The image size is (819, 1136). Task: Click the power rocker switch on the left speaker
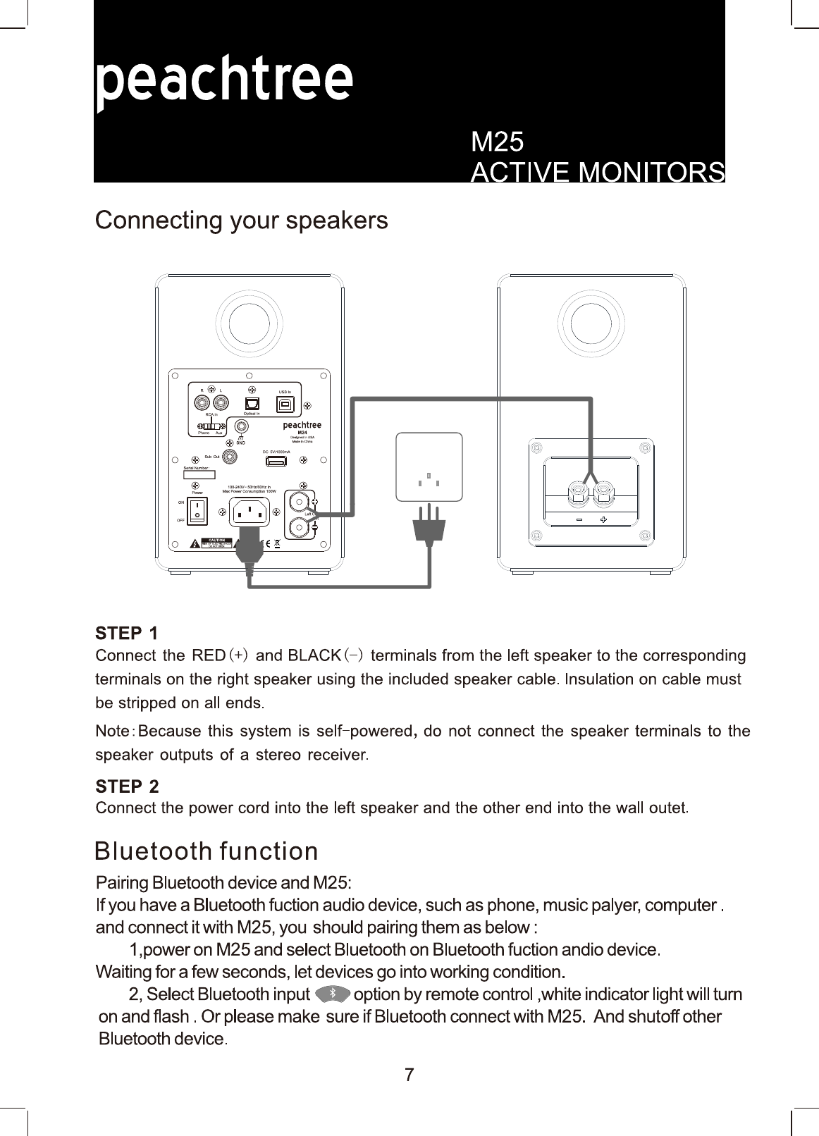(197, 512)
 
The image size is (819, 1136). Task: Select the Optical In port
(252, 404)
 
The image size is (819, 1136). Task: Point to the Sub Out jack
(229, 457)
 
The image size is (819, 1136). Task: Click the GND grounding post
(242, 427)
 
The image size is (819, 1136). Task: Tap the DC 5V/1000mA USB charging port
(276, 462)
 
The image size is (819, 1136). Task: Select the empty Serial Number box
(199, 475)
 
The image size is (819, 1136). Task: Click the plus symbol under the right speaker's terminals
(604, 520)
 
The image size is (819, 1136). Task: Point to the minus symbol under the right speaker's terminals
(579, 520)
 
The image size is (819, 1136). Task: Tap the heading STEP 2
(128, 786)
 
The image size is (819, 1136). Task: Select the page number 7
(409, 1075)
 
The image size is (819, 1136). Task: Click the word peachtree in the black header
(224, 81)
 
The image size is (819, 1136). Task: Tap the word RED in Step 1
(209, 655)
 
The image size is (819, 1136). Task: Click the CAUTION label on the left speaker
(217, 541)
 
